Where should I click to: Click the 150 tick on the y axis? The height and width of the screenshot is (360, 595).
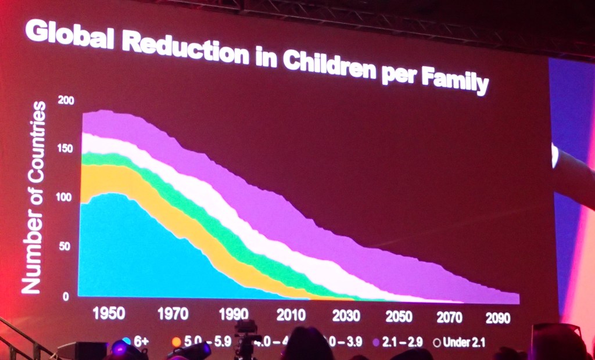pos(67,149)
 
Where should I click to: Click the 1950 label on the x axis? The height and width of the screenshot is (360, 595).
pos(109,314)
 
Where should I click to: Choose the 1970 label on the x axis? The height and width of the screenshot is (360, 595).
pos(173,315)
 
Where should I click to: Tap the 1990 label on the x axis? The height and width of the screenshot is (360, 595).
pos(233,315)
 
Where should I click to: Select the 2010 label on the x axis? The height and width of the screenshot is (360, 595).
pos(292,315)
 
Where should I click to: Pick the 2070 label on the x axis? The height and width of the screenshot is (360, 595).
pos(449,317)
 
